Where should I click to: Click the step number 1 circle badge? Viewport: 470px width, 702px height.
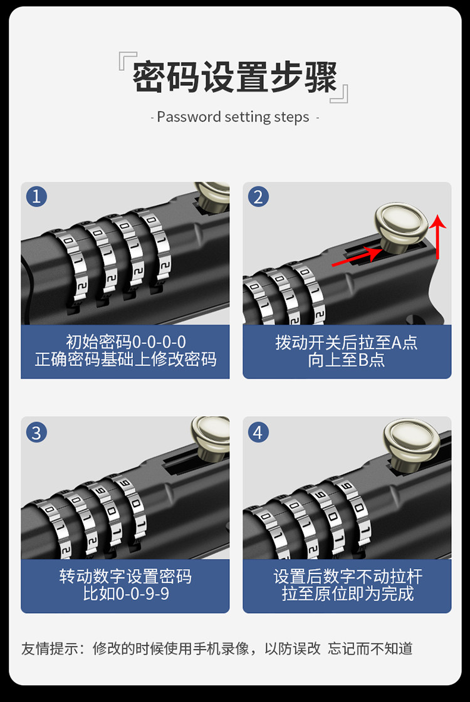click(37, 197)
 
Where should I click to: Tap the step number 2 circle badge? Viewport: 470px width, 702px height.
click(258, 197)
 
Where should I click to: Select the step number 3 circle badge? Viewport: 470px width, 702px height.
click(37, 432)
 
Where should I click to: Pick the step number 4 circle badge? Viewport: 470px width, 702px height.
click(258, 432)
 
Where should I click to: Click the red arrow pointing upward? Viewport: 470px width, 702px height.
click(438, 236)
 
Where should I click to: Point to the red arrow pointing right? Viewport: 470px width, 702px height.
click(357, 257)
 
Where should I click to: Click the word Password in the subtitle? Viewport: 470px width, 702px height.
click(189, 117)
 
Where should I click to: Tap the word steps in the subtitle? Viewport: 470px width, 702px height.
click(291, 118)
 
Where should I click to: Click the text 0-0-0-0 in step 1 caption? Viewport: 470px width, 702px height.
click(159, 342)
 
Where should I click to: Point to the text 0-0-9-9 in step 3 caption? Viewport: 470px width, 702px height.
click(143, 594)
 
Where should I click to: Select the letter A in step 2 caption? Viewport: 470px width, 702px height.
click(397, 342)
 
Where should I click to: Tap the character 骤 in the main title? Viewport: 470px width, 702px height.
click(321, 77)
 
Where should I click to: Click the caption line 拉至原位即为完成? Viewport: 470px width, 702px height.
click(348, 594)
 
